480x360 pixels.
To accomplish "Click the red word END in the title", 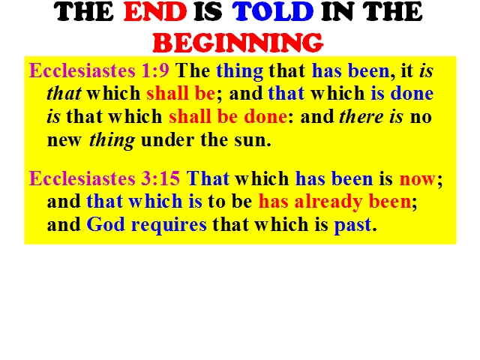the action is (x=155, y=12).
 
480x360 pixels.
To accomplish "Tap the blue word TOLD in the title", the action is (x=273, y=12).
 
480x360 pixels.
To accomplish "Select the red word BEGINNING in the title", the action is (x=238, y=42).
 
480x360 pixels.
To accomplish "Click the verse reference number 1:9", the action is (x=155, y=70).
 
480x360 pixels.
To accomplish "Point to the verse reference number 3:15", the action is (x=160, y=178).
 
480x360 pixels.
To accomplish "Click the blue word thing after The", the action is (x=240, y=72).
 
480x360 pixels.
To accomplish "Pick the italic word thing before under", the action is (x=112, y=141).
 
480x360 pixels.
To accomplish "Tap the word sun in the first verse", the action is (x=253, y=140).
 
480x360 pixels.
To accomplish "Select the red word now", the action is (x=417, y=179).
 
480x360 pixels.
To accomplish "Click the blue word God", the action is (x=106, y=224).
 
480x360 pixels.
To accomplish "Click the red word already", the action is (x=328, y=202).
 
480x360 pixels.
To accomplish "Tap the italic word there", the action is (x=361, y=117).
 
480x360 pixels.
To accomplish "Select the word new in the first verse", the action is (x=64, y=141).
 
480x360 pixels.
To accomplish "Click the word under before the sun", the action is (x=167, y=139).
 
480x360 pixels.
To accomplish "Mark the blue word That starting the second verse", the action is (x=208, y=178).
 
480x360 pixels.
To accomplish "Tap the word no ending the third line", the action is (x=421, y=117).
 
